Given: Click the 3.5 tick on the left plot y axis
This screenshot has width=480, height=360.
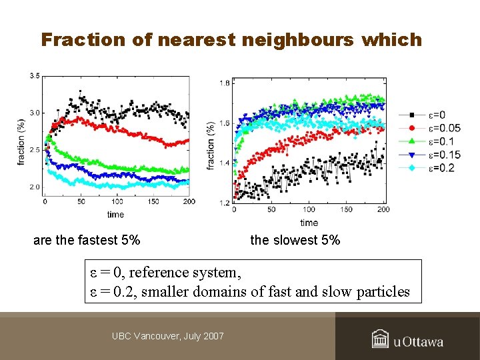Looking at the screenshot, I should pyautogui.click(x=34, y=76).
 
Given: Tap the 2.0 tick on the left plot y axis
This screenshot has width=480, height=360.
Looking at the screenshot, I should pyautogui.click(x=34, y=187).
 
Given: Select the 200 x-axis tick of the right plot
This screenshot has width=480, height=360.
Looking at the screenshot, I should pyautogui.click(x=383, y=210).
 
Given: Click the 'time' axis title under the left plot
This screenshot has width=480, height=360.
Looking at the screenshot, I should pyautogui.click(x=115, y=215).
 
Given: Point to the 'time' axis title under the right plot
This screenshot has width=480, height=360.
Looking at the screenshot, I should pyautogui.click(x=309, y=222).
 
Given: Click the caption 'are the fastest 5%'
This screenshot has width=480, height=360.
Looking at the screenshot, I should pyautogui.click(x=87, y=240).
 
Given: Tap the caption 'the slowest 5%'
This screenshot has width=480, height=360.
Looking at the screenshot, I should pyautogui.click(x=295, y=240).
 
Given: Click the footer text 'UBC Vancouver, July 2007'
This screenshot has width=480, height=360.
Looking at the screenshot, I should pyautogui.click(x=168, y=336).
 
